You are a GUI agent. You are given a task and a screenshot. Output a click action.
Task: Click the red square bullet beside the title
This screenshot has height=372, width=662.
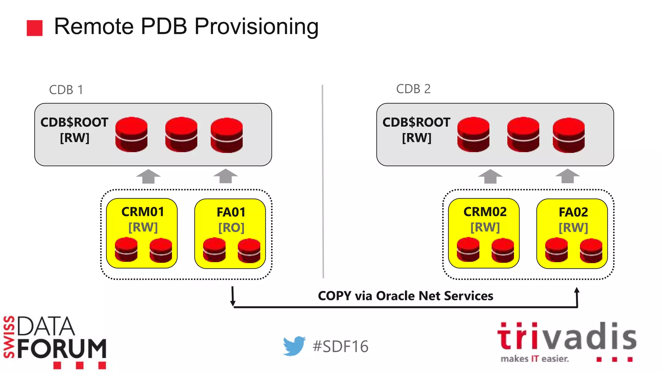[x=35, y=28]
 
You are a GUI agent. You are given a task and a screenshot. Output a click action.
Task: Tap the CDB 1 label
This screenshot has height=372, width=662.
[x=66, y=90]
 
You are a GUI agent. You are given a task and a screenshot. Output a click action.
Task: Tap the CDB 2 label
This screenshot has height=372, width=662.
[x=413, y=89]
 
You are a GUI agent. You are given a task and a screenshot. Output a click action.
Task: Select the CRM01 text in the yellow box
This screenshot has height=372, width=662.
[x=143, y=212]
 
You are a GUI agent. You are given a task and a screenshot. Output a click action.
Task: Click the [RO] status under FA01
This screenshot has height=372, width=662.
[x=231, y=228]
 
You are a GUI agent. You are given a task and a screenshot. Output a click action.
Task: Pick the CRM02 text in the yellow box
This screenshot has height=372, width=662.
[x=485, y=212]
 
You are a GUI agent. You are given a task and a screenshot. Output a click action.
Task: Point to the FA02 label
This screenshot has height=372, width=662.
[x=573, y=212]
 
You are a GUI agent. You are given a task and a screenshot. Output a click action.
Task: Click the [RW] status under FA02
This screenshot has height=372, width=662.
[x=573, y=228]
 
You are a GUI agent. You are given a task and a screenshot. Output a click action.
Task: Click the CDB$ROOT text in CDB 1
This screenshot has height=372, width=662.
[x=74, y=122]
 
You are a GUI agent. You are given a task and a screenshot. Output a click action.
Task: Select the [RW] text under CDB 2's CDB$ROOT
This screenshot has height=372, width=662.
[x=417, y=138]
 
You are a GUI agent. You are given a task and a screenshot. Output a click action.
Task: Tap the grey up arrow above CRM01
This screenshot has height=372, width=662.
[x=148, y=176]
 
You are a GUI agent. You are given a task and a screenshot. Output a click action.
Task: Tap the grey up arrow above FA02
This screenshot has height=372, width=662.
[x=568, y=176]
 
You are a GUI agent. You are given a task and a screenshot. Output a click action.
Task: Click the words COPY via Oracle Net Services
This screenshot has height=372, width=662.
[x=405, y=296]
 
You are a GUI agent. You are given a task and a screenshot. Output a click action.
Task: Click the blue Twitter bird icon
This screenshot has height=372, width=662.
[x=294, y=346]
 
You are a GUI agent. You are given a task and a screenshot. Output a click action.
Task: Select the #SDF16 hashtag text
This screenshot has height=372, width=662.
[x=340, y=346]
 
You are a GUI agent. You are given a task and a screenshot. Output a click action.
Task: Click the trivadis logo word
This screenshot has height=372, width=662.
[x=567, y=337]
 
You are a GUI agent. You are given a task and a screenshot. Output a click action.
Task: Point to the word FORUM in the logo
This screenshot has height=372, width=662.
[x=62, y=349]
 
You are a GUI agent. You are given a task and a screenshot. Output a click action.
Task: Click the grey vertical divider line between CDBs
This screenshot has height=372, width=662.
[x=323, y=181]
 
